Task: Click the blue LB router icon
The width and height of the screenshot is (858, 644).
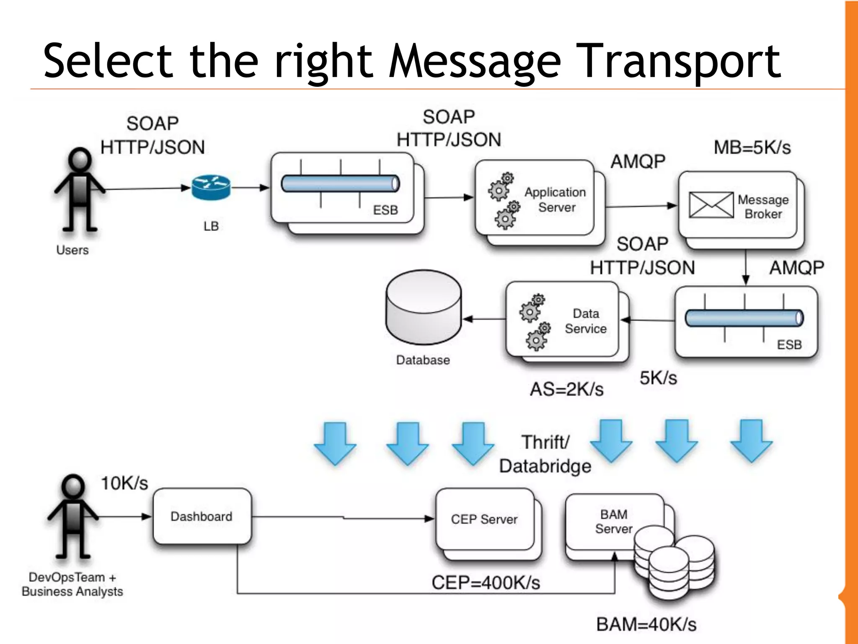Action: pos(211,187)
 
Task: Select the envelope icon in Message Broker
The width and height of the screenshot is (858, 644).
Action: pos(711,205)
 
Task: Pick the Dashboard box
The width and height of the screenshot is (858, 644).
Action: pos(202,516)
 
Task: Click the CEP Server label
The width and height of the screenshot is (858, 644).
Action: pos(484,520)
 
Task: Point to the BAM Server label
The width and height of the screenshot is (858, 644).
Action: pos(614,521)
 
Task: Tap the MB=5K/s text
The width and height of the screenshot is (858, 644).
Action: pos(752,147)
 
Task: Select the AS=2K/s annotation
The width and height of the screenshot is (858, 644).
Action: pos(566,389)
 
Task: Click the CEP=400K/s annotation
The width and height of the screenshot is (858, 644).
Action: pos(486,582)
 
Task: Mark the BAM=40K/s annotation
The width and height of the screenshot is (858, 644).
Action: pos(646,624)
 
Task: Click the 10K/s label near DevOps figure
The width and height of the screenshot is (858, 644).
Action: pos(124,483)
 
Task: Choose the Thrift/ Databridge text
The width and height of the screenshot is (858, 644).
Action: pos(545,454)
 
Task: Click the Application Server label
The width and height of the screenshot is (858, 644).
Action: pos(556,199)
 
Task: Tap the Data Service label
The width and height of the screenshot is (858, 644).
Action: pos(585,321)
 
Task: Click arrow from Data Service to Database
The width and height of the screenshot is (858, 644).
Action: pos(484,319)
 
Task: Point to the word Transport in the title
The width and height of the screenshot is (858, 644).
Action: pos(681,61)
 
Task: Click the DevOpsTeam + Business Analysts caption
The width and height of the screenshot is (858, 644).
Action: pos(72,585)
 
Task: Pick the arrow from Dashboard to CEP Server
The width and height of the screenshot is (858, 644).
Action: pos(344,518)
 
